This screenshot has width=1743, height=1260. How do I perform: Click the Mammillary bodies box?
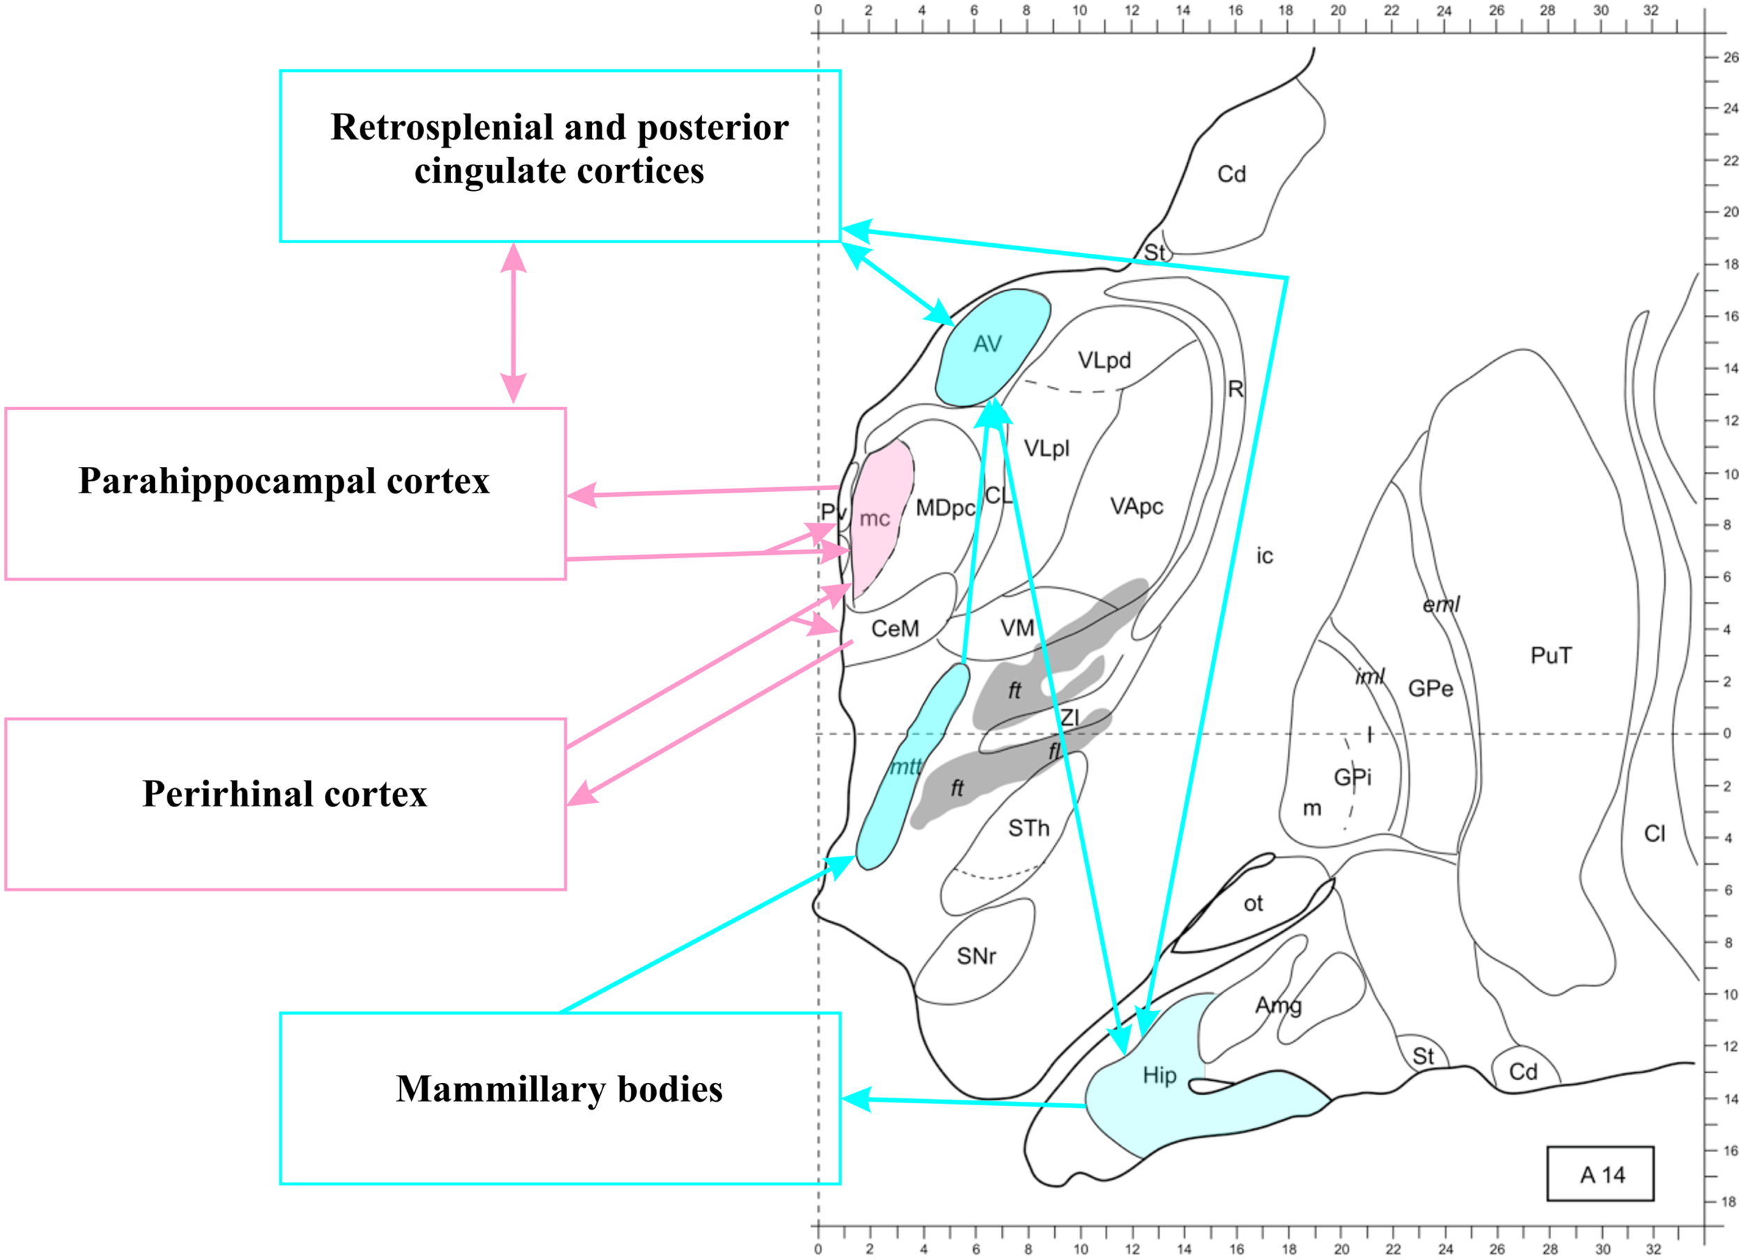point(559,1098)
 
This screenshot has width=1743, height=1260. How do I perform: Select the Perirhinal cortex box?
point(285,804)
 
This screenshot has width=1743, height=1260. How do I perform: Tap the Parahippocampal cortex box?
point(285,493)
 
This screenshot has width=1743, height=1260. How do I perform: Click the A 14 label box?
point(1601,1174)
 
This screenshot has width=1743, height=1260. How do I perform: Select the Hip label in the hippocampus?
point(1159,1075)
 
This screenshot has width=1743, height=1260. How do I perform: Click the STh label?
point(1028,828)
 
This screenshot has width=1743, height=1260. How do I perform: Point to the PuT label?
point(1551,655)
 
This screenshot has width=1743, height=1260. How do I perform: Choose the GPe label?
point(1430,689)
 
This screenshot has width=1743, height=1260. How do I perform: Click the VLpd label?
point(1104,360)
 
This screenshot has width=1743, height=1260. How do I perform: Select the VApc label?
point(1136,507)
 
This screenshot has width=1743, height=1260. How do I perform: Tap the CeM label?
point(895,629)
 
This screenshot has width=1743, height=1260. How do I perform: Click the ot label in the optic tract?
point(1253,903)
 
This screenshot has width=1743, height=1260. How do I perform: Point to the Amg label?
point(1278,1006)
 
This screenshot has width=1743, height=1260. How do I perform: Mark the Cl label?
point(1654,833)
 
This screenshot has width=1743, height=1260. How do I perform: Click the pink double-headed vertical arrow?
point(513,323)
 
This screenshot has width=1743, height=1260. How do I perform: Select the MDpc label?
point(945,508)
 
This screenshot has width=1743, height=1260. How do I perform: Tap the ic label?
point(1264,555)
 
